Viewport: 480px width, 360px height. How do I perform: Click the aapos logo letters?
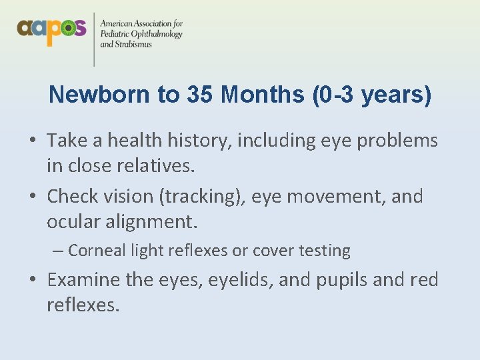pos(51,30)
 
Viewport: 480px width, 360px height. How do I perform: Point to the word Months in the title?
pos(263,95)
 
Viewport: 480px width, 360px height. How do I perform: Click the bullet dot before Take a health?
pos(33,141)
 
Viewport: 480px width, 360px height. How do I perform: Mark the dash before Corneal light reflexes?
pos(58,251)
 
